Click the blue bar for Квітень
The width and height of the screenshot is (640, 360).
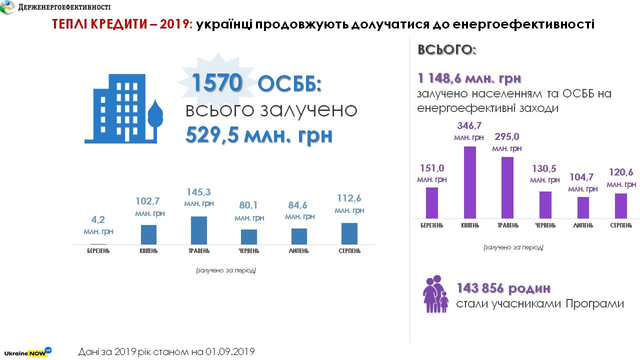[148, 234]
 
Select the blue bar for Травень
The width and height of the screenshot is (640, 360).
[199, 230]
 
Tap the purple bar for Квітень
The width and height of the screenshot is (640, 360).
[470, 182]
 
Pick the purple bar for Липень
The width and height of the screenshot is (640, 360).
[583, 207]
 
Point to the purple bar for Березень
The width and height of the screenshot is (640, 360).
[431, 202]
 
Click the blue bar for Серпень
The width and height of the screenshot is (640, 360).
[349, 233]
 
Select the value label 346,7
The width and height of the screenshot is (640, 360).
[469, 125]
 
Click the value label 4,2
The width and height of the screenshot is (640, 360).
[98, 219]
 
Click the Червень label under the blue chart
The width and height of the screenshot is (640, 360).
[248, 250]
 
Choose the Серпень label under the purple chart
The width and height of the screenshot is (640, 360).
[620, 225]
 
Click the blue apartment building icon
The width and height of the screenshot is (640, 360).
[124, 110]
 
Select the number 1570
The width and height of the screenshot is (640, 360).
[216, 83]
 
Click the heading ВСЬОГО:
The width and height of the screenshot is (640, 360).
[447, 50]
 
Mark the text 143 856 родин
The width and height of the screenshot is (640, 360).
[503, 288]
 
